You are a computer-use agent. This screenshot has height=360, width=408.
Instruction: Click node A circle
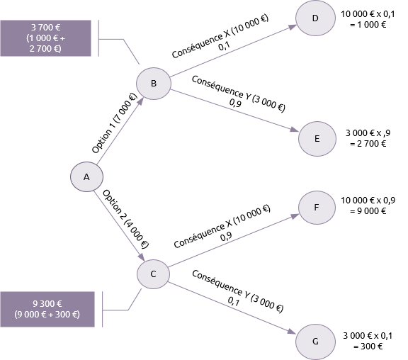[x=86, y=176]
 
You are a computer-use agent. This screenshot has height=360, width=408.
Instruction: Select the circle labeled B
[x=154, y=84]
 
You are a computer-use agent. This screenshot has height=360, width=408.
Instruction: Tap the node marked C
[x=153, y=274]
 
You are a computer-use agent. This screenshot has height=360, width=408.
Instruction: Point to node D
[x=315, y=18]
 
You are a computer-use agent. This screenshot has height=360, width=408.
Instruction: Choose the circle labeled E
[x=317, y=138]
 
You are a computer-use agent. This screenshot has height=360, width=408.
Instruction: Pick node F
[x=317, y=208]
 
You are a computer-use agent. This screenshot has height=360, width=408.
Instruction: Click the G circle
[x=315, y=342]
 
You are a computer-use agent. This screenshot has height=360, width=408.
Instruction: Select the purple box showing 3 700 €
[x=46, y=38]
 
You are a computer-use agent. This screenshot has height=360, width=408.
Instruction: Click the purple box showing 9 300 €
[x=47, y=309]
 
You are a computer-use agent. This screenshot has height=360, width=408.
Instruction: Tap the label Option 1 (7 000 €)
[x=114, y=123]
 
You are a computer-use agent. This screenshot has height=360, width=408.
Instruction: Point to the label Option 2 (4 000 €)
[x=125, y=219]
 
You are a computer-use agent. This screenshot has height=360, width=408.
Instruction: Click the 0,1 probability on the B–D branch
[x=224, y=46]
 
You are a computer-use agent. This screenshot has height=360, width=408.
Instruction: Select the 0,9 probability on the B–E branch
[x=235, y=103]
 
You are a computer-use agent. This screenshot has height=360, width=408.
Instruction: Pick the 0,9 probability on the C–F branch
[x=226, y=237]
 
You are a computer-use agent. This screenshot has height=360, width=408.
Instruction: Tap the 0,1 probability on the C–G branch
[x=234, y=301]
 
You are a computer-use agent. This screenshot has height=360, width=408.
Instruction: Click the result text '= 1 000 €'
[x=368, y=25]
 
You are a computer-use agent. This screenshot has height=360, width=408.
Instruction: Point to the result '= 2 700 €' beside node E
[x=368, y=144]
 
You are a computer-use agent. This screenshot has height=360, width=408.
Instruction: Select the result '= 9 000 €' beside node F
[x=368, y=211]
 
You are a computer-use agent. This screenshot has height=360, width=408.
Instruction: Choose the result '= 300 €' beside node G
[x=368, y=347]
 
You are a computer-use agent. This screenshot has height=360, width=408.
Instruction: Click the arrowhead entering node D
[x=293, y=27]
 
